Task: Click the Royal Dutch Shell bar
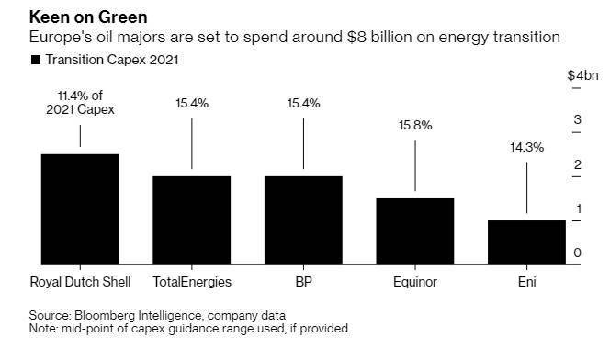80,209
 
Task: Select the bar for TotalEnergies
192,220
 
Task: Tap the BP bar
303,220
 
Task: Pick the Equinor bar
415,231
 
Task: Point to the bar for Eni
526,242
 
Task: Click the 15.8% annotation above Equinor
415,125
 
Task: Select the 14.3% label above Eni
526,147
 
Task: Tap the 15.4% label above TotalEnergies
192,104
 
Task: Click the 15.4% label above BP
303,104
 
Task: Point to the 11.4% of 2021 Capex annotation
80,103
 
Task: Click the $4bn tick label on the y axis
582,75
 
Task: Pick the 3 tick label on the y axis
577,119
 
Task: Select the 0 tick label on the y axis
577,253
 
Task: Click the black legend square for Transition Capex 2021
36,60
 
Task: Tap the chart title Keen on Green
88,17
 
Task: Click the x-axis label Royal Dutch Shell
80,282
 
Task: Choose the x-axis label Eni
526,282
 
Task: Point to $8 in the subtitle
356,38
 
